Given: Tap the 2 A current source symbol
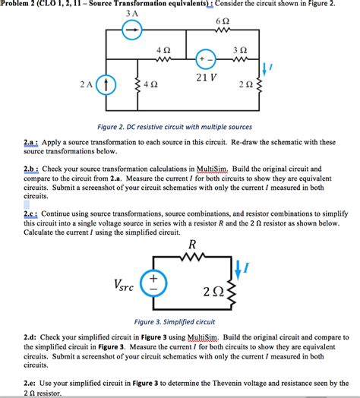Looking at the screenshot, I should [108, 86].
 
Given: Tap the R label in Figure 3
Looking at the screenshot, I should [192, 245].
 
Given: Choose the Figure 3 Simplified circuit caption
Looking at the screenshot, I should [175, 322].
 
